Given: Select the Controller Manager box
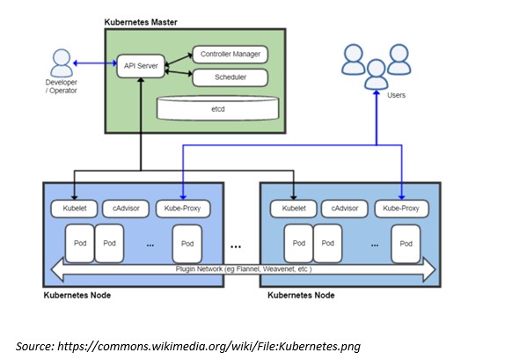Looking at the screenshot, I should point(229,55).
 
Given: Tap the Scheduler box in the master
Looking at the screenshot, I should point(229,77).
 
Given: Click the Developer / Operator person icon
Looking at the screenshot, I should point(62,63).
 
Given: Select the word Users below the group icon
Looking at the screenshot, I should point(396,94).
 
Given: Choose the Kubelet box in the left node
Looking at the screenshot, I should point(74,209).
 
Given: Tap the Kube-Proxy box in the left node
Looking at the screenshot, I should point(183,209).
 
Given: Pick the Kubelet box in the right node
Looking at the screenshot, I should point(294,209).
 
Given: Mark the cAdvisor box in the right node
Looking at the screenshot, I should point(344,209).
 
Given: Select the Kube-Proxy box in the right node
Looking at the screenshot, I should point(401,209).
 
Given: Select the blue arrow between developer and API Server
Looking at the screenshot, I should point(95,63).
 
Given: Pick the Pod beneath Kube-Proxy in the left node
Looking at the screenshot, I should point(187,243).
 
